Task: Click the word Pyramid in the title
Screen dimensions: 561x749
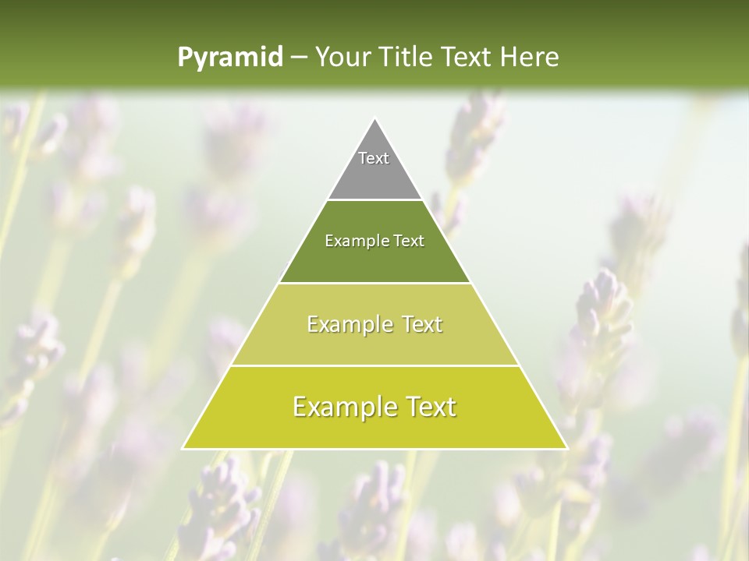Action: point(229,58)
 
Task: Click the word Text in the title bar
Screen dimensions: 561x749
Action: point(467,57)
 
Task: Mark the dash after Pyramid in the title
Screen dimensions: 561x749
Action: point(299,58)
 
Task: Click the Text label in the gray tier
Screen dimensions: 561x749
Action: point(374,158)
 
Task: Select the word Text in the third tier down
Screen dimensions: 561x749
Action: point(417,324)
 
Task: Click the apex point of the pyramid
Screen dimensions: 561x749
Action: point(374,119)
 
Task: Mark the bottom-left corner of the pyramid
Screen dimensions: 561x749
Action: point(183,448)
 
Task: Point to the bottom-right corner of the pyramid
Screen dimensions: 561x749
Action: point(566,448)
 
